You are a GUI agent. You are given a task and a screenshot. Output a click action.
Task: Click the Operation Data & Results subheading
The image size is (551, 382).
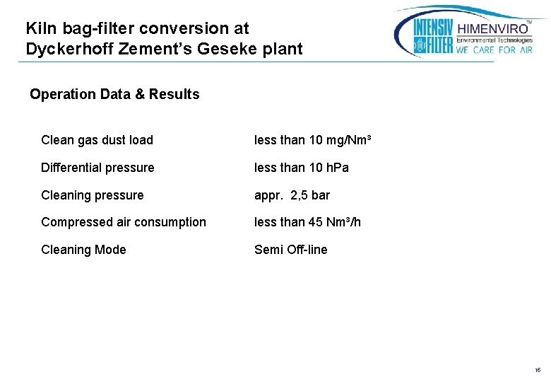[x=114, y=94]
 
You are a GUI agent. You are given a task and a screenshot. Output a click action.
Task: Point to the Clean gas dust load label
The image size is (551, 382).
[x=97, y=140]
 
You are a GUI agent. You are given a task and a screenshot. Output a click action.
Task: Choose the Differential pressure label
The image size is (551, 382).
[x=97, y=168]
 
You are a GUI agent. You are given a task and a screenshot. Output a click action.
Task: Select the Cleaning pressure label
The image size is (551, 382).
[x=92, y=195]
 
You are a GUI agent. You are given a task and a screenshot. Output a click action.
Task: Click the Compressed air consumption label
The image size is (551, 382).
[x=124, y=222]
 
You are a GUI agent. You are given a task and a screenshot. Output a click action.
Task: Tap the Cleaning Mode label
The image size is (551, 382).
[x=83, y=250]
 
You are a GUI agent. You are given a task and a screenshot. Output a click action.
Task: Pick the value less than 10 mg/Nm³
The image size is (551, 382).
[x=312, y=140]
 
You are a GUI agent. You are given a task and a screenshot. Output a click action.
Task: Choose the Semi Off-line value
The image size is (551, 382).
[x=290, y=250]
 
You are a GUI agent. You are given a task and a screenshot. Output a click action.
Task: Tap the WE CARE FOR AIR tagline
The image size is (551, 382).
[x=494, y=50]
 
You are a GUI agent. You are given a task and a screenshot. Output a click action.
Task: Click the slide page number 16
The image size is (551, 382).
[x=538, y=370]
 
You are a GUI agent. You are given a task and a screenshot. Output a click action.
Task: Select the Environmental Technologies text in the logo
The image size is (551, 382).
[x=494, y=40]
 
